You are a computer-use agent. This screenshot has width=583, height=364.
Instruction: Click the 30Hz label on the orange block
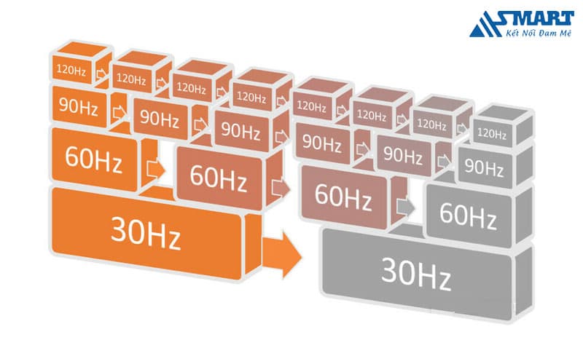point(145,233)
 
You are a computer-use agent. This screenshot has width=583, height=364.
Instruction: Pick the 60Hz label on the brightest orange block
point(93,157)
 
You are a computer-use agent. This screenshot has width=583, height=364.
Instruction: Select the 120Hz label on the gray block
point(491,133)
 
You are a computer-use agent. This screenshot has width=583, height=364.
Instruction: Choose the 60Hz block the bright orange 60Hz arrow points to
point(216,174)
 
